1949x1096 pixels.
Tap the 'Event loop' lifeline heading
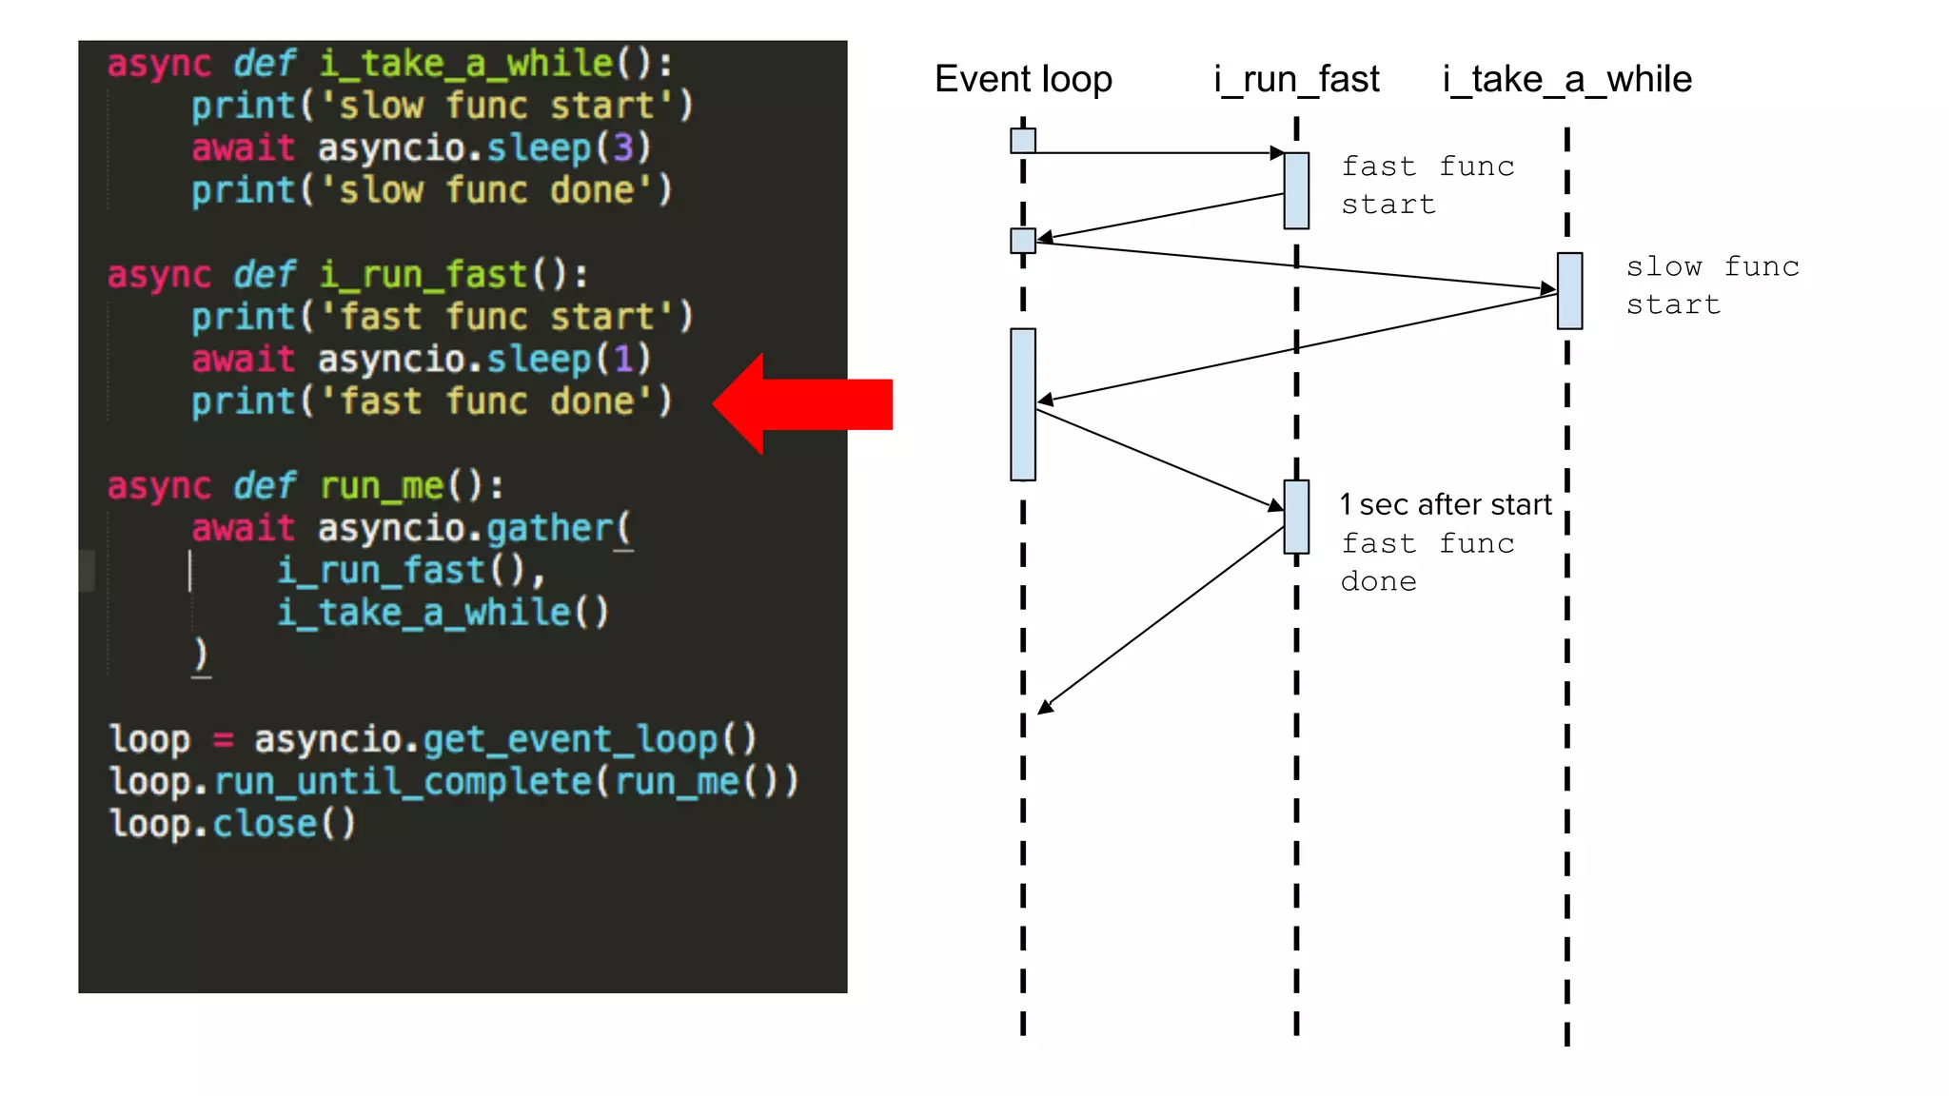click(x=1023, y=79)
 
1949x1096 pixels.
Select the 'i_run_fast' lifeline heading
click(x=1296, y=79)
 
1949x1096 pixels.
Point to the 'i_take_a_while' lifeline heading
click(x=1566, y=79)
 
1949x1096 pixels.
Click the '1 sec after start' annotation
click(x=1445, y=504)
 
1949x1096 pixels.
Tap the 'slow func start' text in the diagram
click(x=1711, y=285)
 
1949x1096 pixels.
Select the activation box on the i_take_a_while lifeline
click(x=1569, y=291)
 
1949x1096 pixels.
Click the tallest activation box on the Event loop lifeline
click(x=1023, y=404)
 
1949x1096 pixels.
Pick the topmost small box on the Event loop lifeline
click(x=1023, y=141)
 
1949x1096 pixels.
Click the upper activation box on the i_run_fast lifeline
click(x=1296, y=190)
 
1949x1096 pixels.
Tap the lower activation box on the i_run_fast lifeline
click(x=1296, y=517)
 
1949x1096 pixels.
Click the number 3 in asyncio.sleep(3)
click(x=622, y=147)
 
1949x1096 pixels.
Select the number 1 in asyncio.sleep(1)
click(x=622, y=359)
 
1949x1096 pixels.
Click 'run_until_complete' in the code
click(x=404, y=781)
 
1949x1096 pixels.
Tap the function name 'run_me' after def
click(x=382, y=486)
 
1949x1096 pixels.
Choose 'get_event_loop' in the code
click(x=570, y=739)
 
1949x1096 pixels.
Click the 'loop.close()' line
click(x=232, y=824)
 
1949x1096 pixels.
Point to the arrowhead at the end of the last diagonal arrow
click(x=1045, y=707)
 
